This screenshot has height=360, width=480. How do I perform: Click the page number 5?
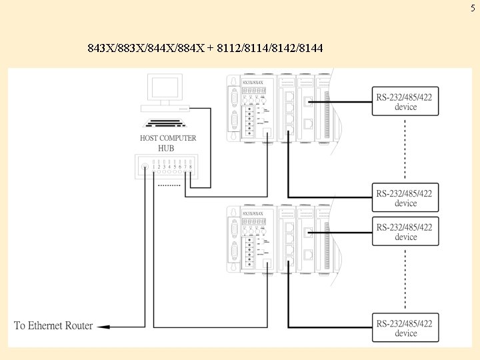click(x=473, y=8)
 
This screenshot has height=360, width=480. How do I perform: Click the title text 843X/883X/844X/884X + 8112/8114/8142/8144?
click(x=205, y=49)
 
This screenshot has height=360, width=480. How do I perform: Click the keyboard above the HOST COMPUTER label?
click(x=167, y=123)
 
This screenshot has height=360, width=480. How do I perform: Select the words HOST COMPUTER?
click(x=168, y=138)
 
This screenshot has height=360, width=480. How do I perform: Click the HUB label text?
click(x=167, y=148)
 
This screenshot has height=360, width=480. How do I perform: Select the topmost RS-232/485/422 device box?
click(x=405, y=101)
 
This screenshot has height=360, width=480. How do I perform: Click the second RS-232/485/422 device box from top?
click(x=405, y=198)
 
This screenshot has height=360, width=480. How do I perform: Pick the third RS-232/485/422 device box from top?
click(x=405, y=231)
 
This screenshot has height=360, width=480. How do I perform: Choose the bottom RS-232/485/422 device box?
click(x=405, y=328)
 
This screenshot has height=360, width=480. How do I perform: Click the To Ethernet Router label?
click(x=53, y=326)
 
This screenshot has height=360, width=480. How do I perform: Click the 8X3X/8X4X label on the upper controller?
click(x=253, y=83)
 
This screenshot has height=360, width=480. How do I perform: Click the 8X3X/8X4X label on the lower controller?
click(x=253, y=214)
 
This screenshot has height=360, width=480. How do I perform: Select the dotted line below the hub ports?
click(x=169, y=185)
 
